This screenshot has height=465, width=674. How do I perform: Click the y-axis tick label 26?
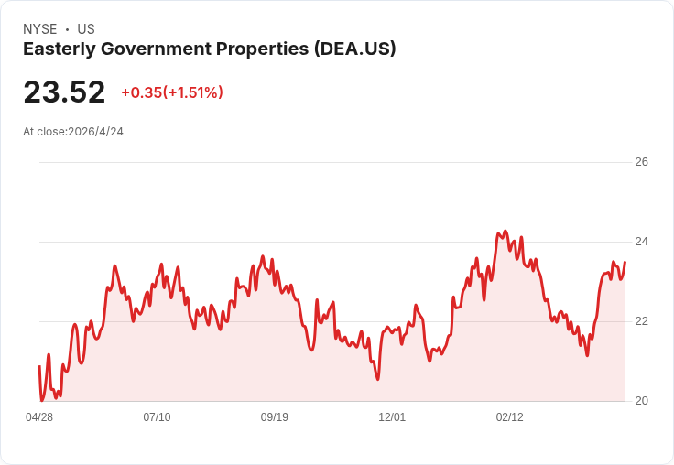click(641, 162)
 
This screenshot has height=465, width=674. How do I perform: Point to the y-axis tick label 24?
click(641, 242)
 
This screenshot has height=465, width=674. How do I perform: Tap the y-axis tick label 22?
click(641, 321)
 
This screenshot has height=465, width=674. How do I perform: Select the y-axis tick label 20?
click(641, 401)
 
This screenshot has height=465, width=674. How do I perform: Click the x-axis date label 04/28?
click(39, 416)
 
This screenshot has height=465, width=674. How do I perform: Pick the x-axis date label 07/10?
click(157, 416)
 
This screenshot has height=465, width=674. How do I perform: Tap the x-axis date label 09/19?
click(274, 416)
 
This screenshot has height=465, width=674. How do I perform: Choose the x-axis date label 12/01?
click(392, 416)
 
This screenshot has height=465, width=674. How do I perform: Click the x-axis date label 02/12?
click(510, 416)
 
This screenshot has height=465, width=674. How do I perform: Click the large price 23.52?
click(64, 92)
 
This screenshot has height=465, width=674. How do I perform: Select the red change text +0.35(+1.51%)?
click(172, 92)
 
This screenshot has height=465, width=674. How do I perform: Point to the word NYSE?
click(40, 29)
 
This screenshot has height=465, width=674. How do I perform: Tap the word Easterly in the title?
click(60, 49)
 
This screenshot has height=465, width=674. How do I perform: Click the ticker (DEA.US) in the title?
click(354, 49)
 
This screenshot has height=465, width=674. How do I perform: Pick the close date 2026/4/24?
click(95, 132)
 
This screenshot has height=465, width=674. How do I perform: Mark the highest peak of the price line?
click(505, 231)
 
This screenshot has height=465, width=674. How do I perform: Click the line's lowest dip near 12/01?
click(378, 379)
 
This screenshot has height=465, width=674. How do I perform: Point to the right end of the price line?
click(625, 262)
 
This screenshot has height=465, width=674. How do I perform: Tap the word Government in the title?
click(156, 49)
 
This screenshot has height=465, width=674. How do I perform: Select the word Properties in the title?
click(262, 49)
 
